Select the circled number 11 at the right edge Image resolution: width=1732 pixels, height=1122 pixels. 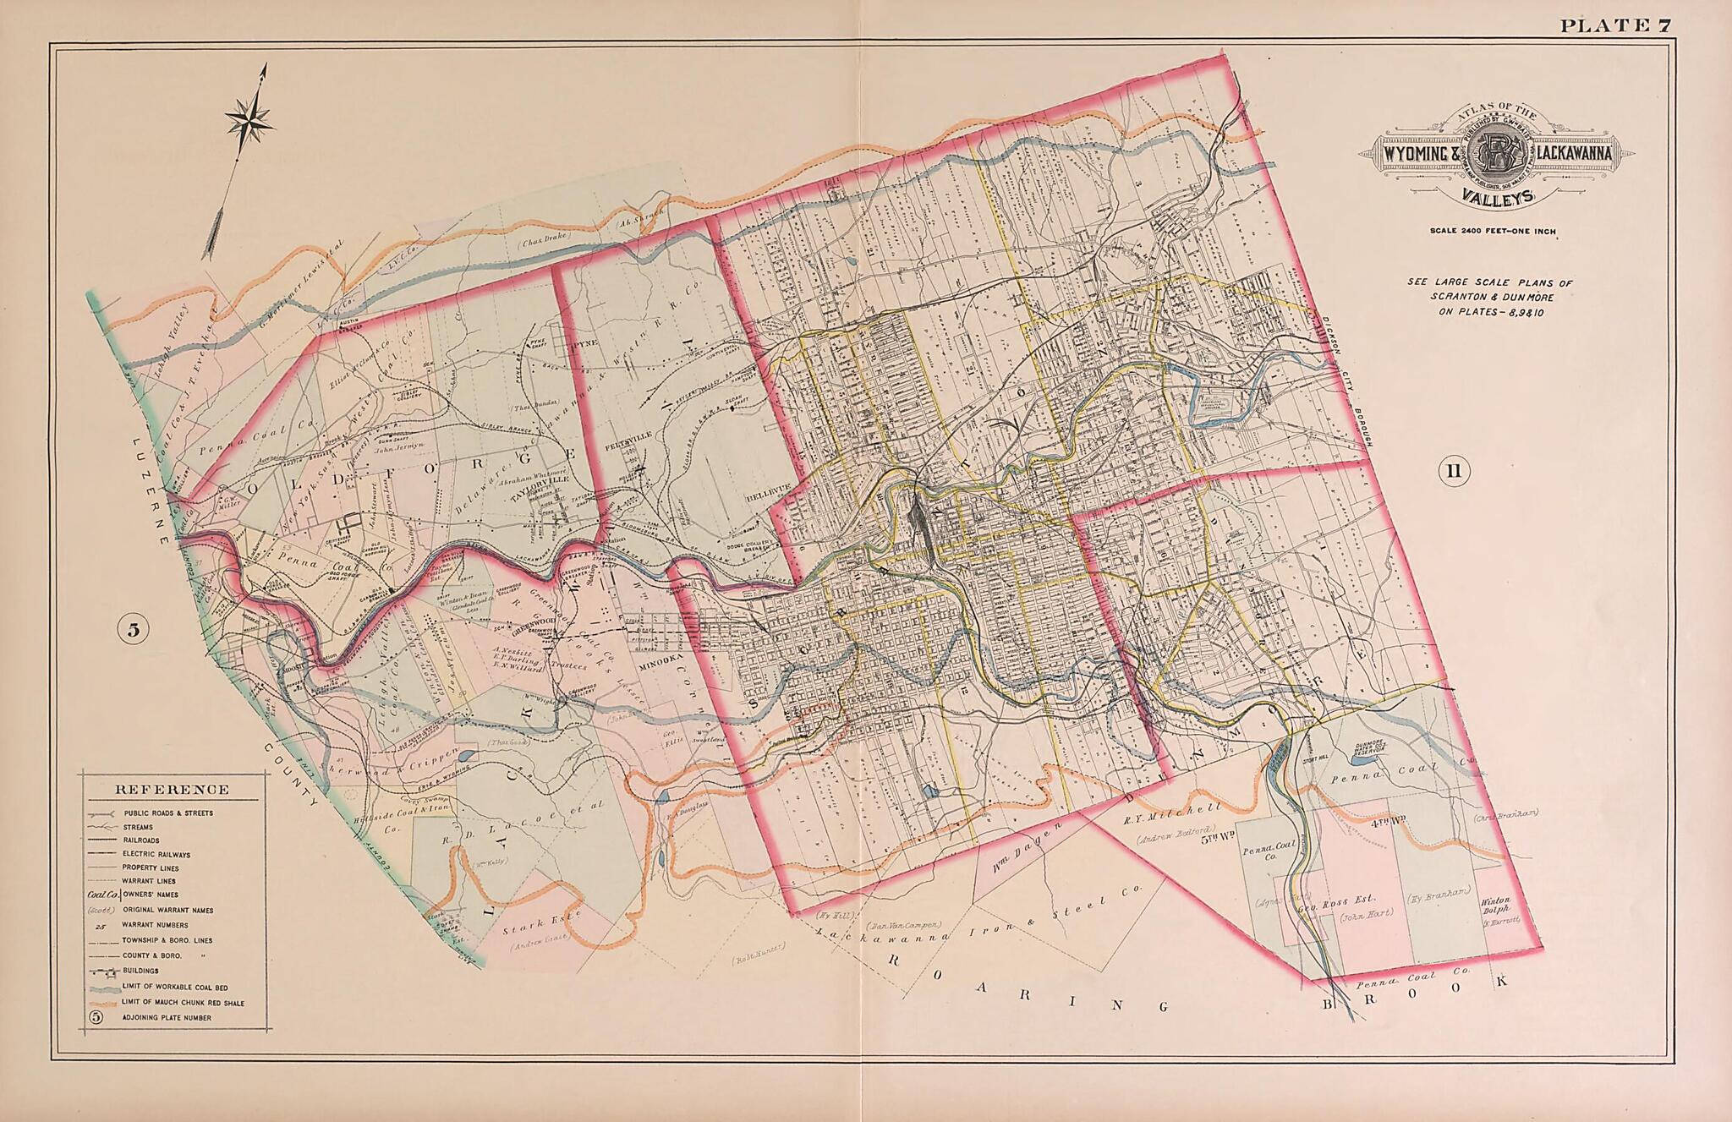(x=1453, y=471)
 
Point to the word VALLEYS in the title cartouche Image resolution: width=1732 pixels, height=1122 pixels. (x=1494, y=197)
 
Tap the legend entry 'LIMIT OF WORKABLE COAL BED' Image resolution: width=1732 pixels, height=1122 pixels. (x=176, y=987)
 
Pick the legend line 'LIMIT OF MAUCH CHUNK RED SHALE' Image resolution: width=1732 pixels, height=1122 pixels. (x=183, y=1003)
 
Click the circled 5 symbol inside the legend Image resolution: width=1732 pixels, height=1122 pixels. (x=96, y=1017)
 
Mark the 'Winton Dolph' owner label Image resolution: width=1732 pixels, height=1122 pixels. (x=1496, y=906)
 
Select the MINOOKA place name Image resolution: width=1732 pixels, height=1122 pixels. (x=660, y=665)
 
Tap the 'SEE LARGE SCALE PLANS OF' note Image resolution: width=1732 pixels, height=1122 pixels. (x=1489, y=282)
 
